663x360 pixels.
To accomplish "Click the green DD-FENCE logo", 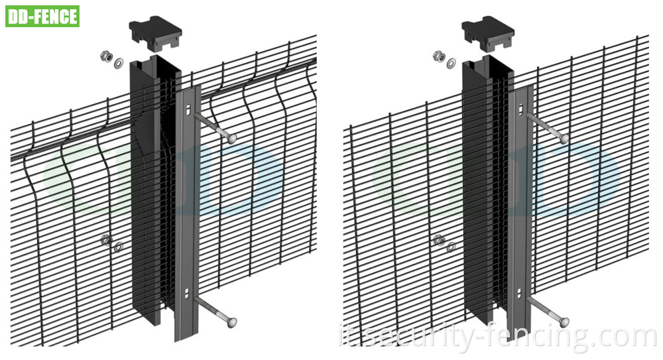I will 42,16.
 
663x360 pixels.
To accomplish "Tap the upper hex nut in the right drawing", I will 439,56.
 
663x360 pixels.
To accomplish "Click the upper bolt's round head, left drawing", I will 231,139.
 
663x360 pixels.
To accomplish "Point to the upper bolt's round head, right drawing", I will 564,139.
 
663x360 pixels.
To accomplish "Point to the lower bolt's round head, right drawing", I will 564,322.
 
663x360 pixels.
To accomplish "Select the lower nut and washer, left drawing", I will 111,243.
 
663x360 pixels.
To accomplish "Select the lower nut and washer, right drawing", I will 444,243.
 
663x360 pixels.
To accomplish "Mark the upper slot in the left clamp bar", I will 189,109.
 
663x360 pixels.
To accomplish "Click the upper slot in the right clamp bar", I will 522,109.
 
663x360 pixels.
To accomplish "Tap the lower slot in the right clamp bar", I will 522,292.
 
